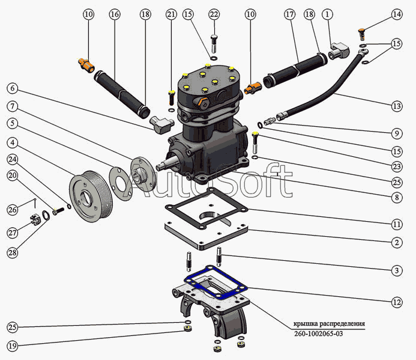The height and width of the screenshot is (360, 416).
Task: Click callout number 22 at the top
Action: pyautogui.click(x=214, y=14)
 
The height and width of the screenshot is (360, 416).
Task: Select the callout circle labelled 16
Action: pyautogui.click(x=115, y=14)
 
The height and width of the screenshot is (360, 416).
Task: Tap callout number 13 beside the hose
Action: pyautogui.click(x=396, y=106)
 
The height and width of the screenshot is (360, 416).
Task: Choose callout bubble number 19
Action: pyautogui.click(x=13, y=346)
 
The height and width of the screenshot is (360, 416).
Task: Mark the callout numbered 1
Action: pyautogui.click(x=327, y=14)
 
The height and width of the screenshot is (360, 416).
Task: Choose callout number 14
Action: pyautogui.click(x=396, y=14)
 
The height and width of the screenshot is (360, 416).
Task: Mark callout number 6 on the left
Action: pyautogui.click(x=13, y=88)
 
